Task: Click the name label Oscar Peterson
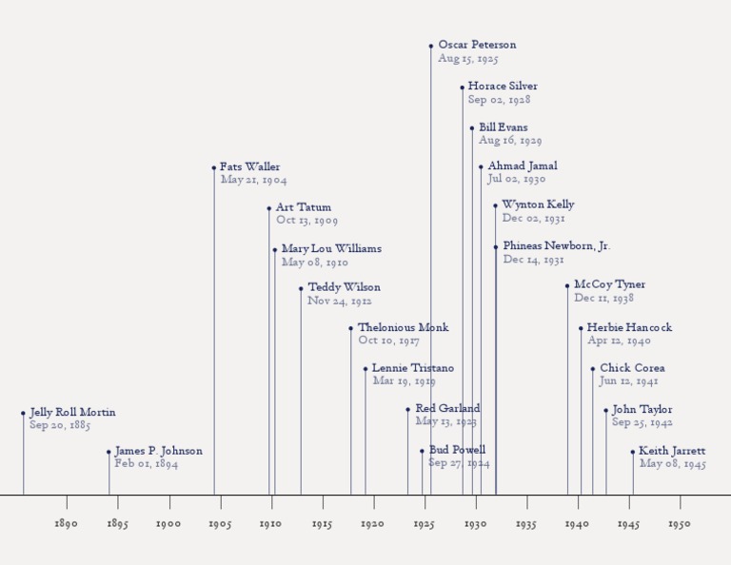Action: click(x=477, y=45)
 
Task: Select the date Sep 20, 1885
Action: click(x=60, y=426)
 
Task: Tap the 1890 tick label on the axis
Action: click(x=66, y=524)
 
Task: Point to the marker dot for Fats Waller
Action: click(x=214, y=167)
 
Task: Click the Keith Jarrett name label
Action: click(x=672, y=451)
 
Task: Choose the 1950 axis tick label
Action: click(x=680, y=524)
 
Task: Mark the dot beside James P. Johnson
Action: click(x=109, y=452)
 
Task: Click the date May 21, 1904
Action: click(x=253, y=181)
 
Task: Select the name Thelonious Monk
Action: click(x=403, y=328)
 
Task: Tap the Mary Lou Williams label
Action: click(x=331, y=249)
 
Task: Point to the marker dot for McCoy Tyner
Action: click(x=567, y=285)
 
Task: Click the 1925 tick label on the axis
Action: click(x=424, y=524)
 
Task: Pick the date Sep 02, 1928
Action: click(x=499, y=100)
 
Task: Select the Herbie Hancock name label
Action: click(x=629, y=327)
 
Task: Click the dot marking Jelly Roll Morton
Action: click(x=24, y=413)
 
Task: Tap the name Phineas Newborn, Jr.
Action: click(x=557, y=246)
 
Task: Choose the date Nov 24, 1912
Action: click(x=339, y=302)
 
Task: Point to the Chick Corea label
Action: click(x=632, y=368)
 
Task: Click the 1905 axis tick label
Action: click(x=219, y=524)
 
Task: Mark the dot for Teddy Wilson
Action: click(x=301, y=288)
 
